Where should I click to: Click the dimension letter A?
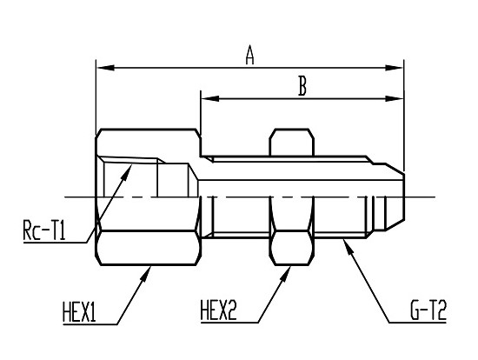point(249,55)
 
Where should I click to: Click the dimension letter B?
point(302,86)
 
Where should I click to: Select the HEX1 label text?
point(79,311)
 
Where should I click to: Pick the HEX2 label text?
point(218,310)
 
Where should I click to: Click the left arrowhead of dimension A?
point(105,68)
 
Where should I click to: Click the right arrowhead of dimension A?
point(395,68)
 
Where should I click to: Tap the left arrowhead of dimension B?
point(210,98)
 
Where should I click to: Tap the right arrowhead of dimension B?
point(395,98)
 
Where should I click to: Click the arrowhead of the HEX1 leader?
point(146,273)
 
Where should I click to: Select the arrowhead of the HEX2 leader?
point(285,273)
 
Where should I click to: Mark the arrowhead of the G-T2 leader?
point(349,248)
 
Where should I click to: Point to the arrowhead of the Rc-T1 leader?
point(127,172)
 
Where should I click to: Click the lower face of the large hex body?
point(149,248)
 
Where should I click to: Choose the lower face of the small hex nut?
point(292,248)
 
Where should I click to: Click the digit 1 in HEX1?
point(92,311)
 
